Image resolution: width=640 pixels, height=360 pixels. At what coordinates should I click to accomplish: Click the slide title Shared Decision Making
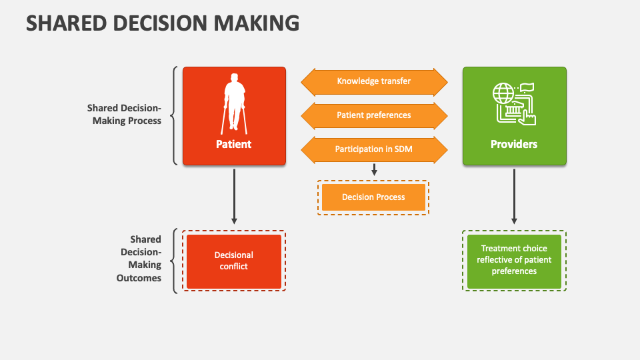[x=162, y=23]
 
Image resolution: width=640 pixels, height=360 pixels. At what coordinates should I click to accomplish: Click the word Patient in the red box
[x=233, y=144]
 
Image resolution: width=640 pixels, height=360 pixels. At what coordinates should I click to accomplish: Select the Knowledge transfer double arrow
[x=373, y=81]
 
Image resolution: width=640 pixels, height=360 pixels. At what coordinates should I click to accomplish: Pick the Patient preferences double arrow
[x=373, y=115]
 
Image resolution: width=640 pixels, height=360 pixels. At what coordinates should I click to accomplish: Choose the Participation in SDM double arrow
[x=373, y=149]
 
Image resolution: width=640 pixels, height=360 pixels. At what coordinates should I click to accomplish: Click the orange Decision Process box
[x=373, y=197]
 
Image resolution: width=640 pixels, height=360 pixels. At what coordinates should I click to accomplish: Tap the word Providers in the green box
[x=514, y=144]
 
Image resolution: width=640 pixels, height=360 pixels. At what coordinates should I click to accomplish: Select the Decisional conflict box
[x=234, y=261]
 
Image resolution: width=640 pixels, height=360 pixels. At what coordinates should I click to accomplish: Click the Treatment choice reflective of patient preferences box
[x=514, y=260]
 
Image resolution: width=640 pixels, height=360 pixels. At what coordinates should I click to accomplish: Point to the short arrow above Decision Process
[x=374, y=170]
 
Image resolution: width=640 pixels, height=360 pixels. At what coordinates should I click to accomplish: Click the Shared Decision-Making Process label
[x=124, y=114]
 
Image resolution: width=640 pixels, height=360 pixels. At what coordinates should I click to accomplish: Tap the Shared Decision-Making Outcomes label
[x=139, y=259]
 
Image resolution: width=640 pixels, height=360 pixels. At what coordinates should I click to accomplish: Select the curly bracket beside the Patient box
[x=175, y=115]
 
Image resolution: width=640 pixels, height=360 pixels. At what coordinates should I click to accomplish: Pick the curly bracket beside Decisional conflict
[x=175, y=261]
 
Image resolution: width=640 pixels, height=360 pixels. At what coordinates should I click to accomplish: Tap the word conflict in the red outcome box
[x=233, y=267]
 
